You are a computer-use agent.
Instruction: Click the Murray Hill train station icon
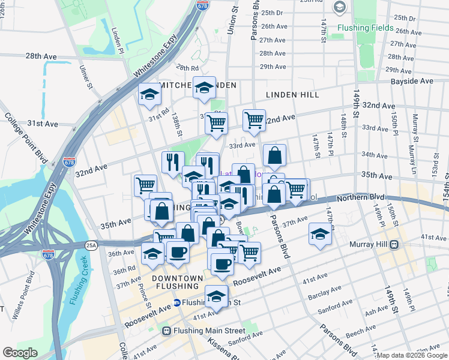pyautogui.click(x=394, y=244)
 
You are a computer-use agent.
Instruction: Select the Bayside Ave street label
pyautogui.click(x=412, y=81)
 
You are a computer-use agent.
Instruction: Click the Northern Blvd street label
pyautogui.click(x=360, y=197)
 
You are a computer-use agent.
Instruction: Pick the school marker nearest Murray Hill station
pyautogui.click(x=321, y=235)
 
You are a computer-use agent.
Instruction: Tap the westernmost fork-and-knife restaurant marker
pyautogui.click(x=172, y=161)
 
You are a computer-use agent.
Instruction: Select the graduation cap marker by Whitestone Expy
pyautogui.click(x=150, y=94)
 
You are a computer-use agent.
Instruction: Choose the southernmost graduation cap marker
pyautogui.click(x=216, y=296)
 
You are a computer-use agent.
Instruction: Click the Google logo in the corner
pyautogui.click(x=20, y=353)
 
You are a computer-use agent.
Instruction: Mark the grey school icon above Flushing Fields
pyautogui.click(x=340, y=7)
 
